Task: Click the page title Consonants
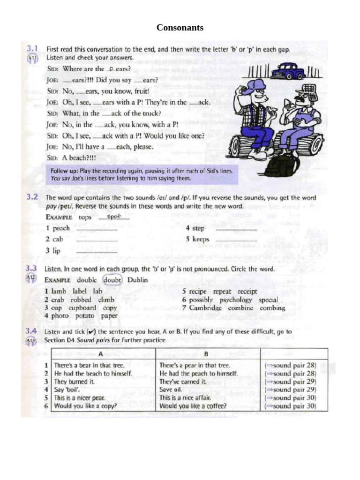pos(180,28)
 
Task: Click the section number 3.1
pos(32,48)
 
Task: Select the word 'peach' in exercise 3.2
pos(61,228)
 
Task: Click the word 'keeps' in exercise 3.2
pos(201,240)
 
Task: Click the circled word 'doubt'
pos(112,280)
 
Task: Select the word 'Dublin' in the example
pos(137,280)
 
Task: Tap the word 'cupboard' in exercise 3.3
pos(82,308)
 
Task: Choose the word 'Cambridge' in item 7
pos(205,308)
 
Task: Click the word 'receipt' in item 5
pos(247,291)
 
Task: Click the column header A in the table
pos(100,354)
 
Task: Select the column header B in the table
pos(206,354)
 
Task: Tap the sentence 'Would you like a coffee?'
pos(193,406)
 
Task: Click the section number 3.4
pos(31,331)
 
